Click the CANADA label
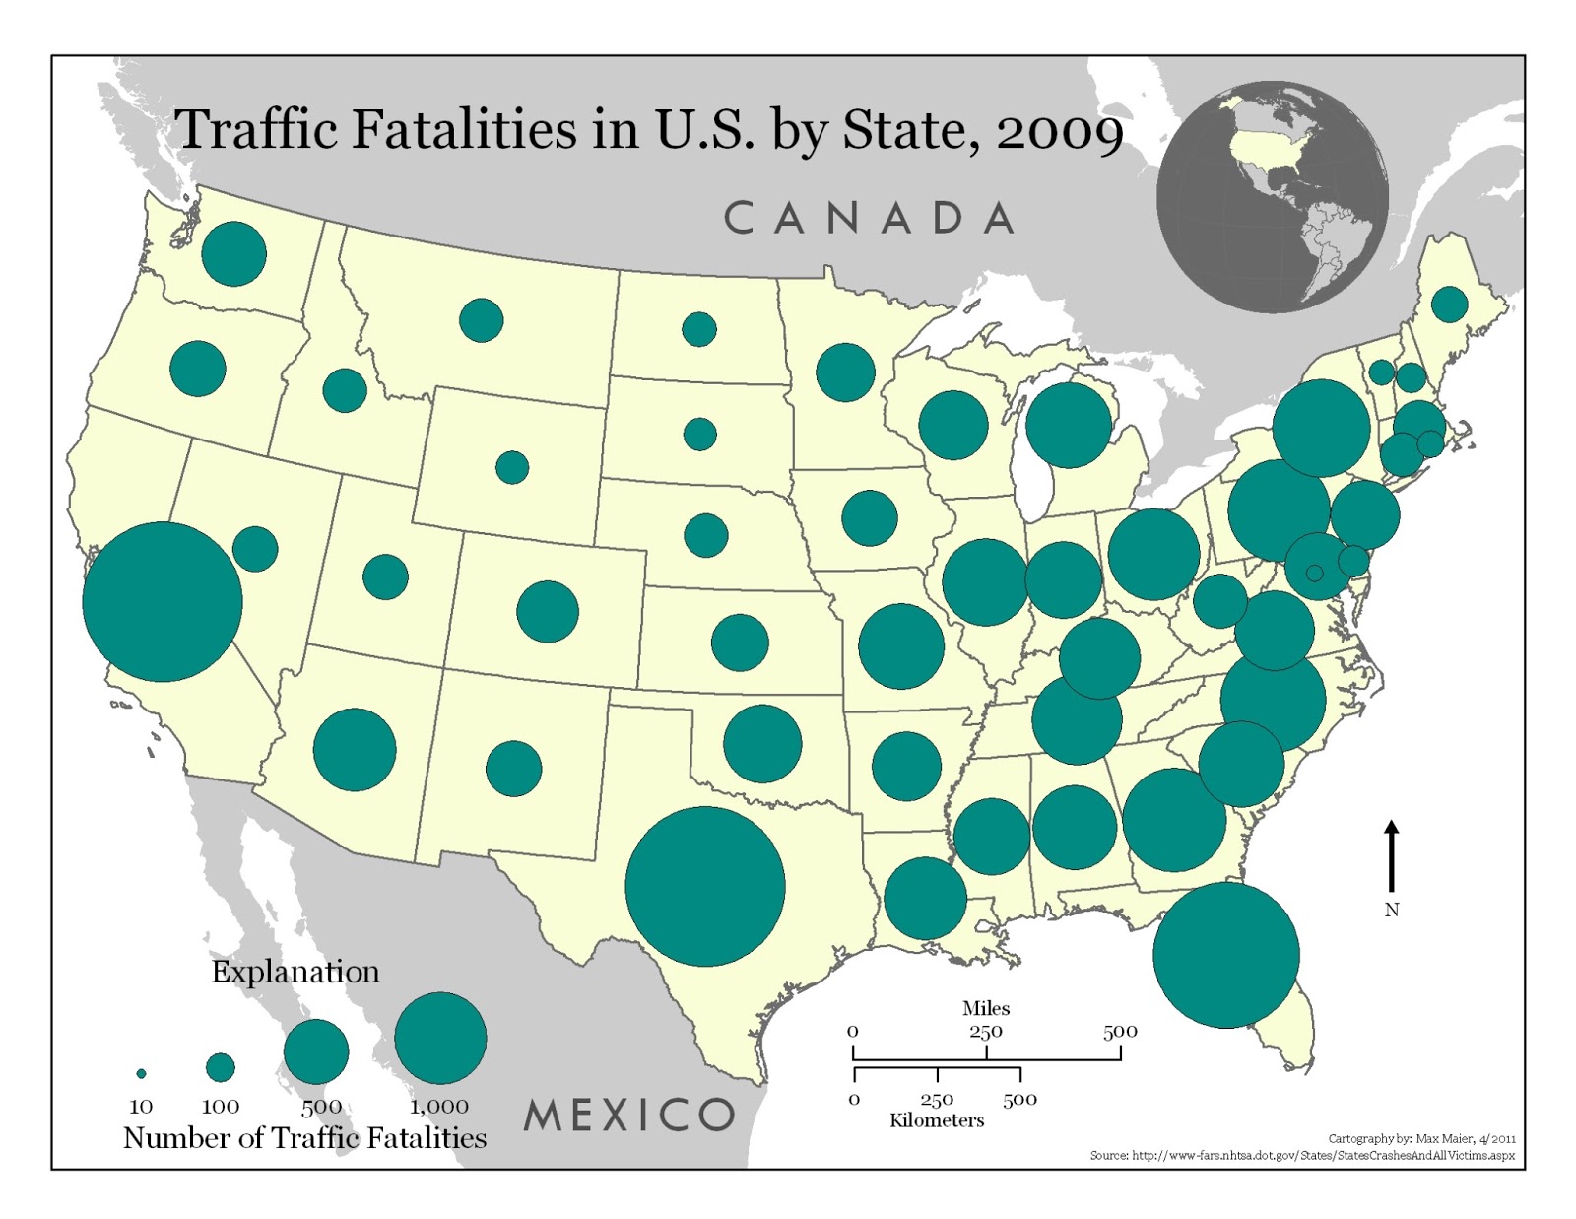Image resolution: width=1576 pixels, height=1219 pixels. pyautogui.click(x=869, y=218)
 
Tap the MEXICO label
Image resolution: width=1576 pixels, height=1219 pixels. pyautogui.click(x=629, y=1116)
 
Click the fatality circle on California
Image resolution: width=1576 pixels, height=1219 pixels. pyautogui.click(x=163, y=601)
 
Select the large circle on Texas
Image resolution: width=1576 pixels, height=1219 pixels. pyautogui.click(x=705, y=886)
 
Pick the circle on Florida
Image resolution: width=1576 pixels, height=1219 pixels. pyautogui.click(x=1226, y=955)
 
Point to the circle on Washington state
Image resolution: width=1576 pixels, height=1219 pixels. pyautogui.click(x=233, y=253)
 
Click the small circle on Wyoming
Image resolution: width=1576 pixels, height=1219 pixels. pyautogui.click(x=512, y=467)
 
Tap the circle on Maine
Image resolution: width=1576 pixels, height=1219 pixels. pyautogui.click(x=1449, y=305)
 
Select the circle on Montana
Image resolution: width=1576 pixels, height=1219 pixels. pyautogui.click(x=482, y=320)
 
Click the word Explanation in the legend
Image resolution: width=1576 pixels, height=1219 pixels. pyautogui.click(x=295, y=972)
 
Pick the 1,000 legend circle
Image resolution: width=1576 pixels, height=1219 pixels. pyautogui.click(x=440, y=1038)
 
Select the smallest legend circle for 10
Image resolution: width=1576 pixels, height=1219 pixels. pyautogui.click(x=141, y=1073)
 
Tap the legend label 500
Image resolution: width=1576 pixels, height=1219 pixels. pyautogui.click(x=321, y=1107)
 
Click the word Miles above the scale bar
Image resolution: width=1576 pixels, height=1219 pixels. pyautogui.click(x=986, y=1008)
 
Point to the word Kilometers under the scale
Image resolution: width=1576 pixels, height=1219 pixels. pyautogui.click(x=937, y=1120)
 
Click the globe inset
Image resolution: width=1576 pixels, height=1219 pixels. pyautogui.click(x=1273, y=197)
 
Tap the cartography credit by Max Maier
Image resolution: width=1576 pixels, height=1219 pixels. pyautogui.click(x=1421, y=1138)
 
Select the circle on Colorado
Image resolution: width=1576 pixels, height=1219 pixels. pyautogui.click(x=548, y=611)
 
